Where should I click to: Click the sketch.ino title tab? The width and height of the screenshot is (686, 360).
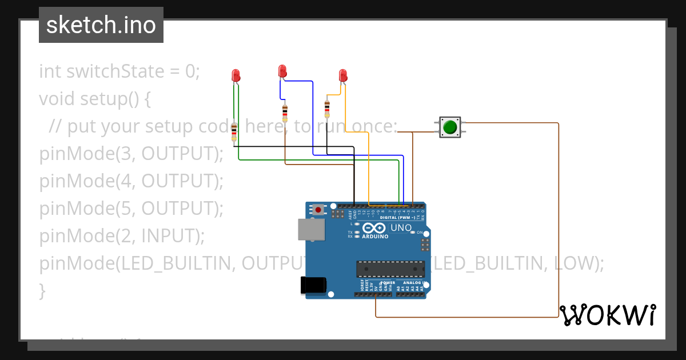pos(101,25)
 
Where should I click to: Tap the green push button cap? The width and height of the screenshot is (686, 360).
pos(450,127)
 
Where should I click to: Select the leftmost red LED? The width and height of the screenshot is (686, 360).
pos(236,75)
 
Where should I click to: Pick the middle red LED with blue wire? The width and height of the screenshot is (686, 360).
pos(282,71)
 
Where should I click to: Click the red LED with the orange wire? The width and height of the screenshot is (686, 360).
pos(343,75)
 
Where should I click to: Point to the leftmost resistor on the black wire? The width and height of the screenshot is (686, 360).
pos(234,131)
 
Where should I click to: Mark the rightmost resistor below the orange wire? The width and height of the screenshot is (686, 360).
pos(327,107)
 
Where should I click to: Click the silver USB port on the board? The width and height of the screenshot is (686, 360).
pos(311,229)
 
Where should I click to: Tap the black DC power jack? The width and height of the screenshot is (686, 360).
pos(313,285)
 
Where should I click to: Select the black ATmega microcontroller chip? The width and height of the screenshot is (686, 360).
pos(390,269)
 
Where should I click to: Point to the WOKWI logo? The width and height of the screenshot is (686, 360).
pos(607,315)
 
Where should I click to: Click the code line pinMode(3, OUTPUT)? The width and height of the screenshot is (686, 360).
pos(131,154)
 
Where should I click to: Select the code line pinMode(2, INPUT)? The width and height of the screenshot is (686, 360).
pos(121,236)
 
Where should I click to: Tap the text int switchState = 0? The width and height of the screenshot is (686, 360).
pos(119,71)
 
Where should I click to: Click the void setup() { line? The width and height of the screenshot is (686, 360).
pos(95,99)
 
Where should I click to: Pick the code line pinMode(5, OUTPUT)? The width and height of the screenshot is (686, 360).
pos(131,209)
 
